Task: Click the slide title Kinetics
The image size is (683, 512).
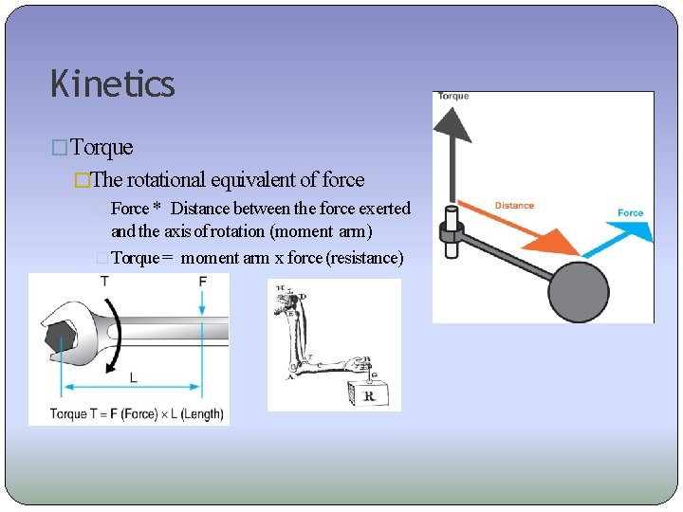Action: point(113,84)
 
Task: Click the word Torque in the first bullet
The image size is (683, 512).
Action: point(102,148)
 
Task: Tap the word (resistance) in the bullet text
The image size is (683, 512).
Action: point(364,258)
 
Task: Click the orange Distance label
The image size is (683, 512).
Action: point(514,205)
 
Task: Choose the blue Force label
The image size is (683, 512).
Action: point(631,213)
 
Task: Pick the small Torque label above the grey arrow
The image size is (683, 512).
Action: point(453,97)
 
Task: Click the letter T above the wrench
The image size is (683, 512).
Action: point(104,282)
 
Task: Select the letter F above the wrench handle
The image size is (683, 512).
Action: point(202,282)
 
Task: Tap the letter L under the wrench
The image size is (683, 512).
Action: point(133,376)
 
